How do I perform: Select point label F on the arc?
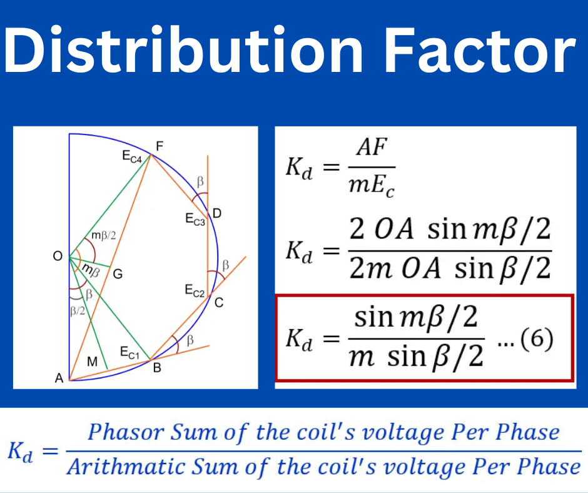point(160,146)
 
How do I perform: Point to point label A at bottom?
point(59,378)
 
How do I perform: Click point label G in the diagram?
point(117,273)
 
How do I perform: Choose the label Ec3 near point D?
point(195,220)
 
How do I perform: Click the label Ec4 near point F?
point(133,158)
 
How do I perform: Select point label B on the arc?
point(157,368)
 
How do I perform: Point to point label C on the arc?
point(219,303)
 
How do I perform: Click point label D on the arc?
point(216,214)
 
